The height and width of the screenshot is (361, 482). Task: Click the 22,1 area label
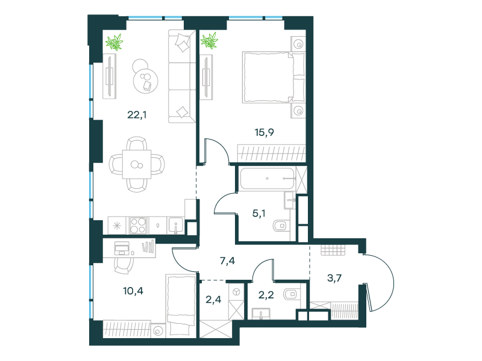coord(137,115)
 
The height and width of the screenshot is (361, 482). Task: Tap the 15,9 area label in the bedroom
coord(264,132)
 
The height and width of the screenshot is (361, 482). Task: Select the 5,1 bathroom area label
coord(259,213)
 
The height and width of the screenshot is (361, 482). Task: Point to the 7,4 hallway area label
coord(228,261)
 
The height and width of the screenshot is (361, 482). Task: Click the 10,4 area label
coord(133,291)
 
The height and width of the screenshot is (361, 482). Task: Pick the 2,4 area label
coord(213,299)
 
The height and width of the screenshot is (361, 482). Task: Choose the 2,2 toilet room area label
coord(266,295)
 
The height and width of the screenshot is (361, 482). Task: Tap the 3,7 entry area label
coord(334,278)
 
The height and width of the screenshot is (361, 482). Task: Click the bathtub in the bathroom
coord(268,178)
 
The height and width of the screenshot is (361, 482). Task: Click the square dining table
coord(137,164)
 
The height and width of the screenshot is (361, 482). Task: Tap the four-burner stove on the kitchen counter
coord(138,226)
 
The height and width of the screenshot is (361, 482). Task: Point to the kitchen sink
coord(175,226)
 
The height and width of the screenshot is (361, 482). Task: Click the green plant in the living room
coord(114,42)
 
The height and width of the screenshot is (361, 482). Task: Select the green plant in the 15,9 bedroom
coord(209,40)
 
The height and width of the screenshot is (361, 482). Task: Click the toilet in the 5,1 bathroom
coord(281,226)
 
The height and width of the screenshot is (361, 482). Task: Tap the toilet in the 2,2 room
coord(292,294)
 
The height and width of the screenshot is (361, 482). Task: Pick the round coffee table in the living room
coord(145,81)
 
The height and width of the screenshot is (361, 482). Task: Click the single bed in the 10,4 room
coord(181,305)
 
